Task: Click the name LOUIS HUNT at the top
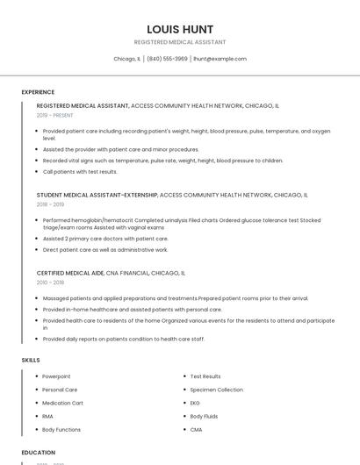180,29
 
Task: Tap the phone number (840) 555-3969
167,59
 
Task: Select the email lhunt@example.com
220,59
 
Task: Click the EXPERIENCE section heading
38,92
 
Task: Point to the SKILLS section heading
31,360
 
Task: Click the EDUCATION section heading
39,453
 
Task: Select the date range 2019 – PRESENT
55,115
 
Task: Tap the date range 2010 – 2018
50,283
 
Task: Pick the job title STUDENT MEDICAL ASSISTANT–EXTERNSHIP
97,195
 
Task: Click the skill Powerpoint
56,376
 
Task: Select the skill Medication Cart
62,403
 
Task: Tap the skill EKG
195,403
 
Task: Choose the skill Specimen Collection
216,390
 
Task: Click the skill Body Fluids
204,416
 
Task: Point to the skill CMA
196,430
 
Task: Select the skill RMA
48,416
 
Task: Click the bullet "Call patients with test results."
80,172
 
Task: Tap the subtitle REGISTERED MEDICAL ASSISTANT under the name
180,42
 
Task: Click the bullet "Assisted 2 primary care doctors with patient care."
105,239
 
